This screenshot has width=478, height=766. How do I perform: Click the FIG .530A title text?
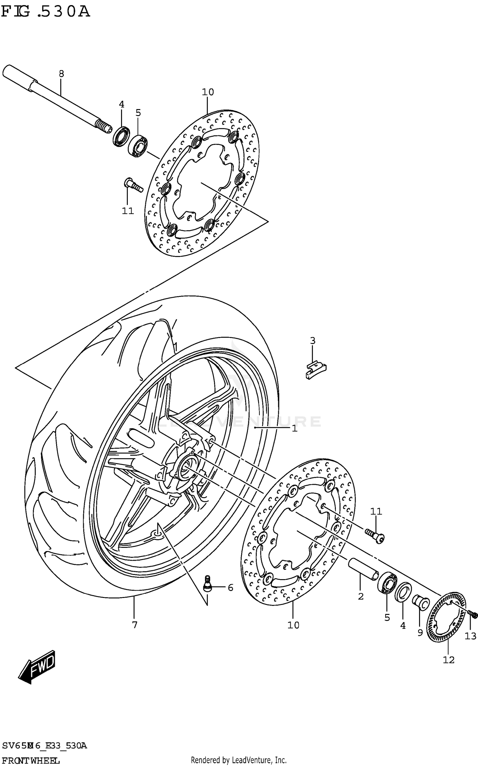(45, 12)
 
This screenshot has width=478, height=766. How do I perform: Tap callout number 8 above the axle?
(62, 74)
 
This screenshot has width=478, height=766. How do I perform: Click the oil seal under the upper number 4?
(121, 136)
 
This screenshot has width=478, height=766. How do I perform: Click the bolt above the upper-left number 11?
(133, 185)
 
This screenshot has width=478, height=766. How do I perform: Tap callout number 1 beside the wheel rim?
(294, 428)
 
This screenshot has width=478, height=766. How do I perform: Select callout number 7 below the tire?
(134, 625)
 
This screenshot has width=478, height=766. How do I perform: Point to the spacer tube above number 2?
(363, 569)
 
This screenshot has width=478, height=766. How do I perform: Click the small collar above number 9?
(420, 602)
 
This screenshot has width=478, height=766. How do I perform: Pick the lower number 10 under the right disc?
(293, 625)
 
